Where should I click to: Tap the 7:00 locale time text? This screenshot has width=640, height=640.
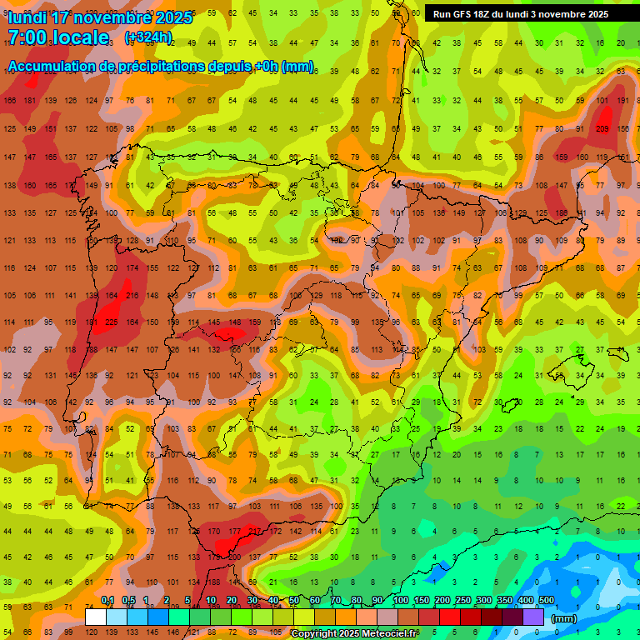pos(58,37)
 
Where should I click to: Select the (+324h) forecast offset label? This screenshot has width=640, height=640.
pos(148,37)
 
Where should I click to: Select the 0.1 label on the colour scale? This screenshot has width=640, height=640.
pos(107,601)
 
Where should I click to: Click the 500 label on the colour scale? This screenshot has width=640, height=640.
pos(547,601)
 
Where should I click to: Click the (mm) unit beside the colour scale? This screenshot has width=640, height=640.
pos(564,618)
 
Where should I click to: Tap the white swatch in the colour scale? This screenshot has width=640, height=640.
pos(96,617)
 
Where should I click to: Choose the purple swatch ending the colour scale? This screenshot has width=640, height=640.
pos(534,617)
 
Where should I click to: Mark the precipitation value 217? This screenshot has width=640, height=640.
pos(255,531)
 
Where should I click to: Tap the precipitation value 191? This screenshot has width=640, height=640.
pos(622,101)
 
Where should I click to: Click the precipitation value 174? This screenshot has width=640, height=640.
pos(132,268)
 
